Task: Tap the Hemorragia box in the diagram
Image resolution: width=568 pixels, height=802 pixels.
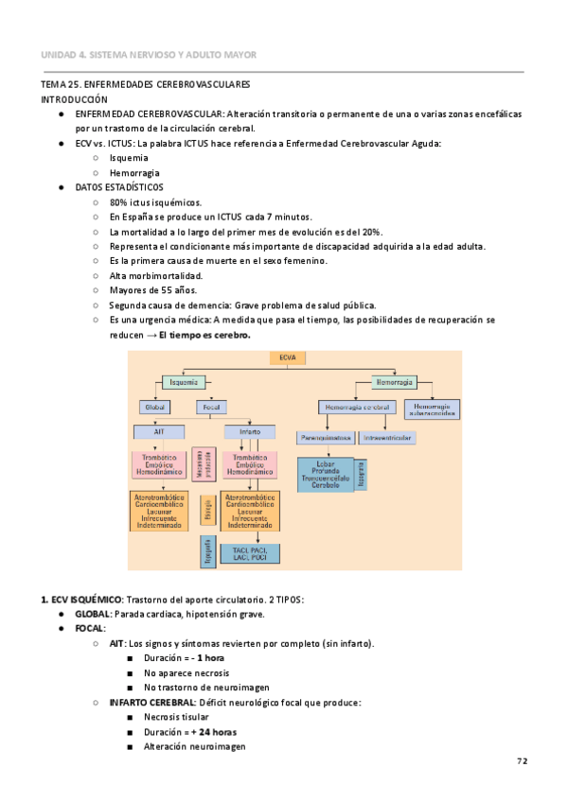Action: [393, 382]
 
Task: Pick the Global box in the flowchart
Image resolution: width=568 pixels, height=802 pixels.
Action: [153, 408]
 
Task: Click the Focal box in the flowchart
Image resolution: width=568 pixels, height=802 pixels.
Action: [211, 408]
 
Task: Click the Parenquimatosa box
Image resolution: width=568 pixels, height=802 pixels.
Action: [327, 438]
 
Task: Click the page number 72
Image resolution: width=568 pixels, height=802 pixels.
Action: [522, 761]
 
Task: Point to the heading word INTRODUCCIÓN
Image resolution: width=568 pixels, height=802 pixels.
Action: [74, 99]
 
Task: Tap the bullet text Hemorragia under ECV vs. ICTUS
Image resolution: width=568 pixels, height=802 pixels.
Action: [133, 173]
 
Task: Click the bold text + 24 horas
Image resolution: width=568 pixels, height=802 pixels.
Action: [214, 732]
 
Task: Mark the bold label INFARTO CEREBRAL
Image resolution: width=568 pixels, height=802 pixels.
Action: [149, 703]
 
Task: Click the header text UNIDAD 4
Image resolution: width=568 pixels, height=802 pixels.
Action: [63, 55]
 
